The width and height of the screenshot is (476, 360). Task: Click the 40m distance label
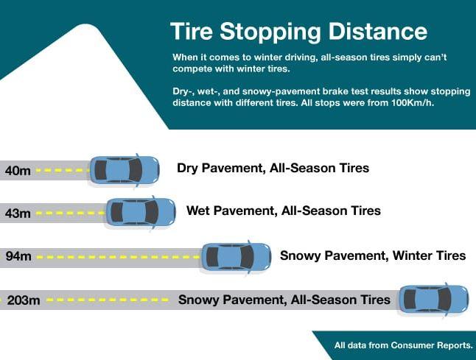click(18, 171)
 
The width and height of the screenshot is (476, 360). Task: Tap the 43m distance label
click(18, 213)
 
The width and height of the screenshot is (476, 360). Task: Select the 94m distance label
click(18, 256)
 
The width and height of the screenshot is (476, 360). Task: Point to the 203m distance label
click(24, 300)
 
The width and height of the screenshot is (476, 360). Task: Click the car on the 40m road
click(125, 170)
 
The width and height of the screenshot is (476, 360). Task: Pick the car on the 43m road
click(141, 212)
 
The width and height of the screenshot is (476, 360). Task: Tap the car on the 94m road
click(237, 257)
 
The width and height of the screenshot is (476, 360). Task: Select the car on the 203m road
click(433, 299)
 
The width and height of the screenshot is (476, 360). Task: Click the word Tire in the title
click(192, 31)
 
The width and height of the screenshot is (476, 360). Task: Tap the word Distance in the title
click(378, 31)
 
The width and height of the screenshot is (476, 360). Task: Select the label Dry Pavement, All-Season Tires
click(273, 168)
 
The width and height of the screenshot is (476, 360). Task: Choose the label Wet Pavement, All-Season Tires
click(284, 211)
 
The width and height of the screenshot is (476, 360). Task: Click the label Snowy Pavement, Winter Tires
click(373, 255)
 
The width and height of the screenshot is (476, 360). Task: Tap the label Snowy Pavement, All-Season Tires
click(284, 300)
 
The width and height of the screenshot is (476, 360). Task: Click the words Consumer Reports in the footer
click(431, 345)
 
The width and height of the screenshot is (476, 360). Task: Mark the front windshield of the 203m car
click(444, 300)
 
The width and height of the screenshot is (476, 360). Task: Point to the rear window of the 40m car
click(101, 170)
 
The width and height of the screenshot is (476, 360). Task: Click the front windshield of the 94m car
click(247, 257)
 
